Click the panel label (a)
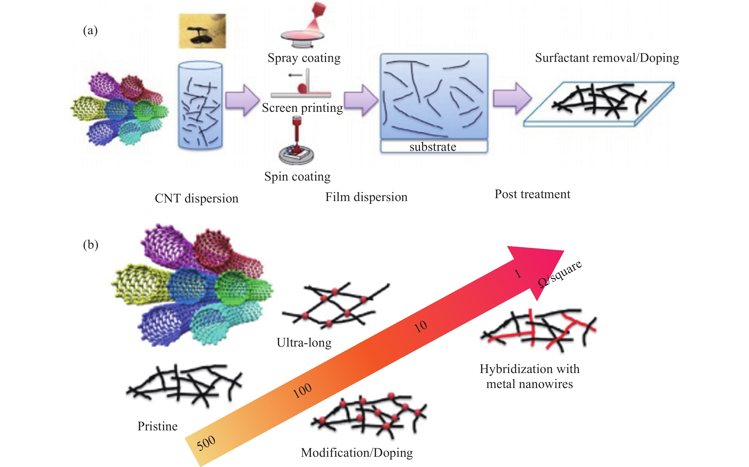[x=90, y=31]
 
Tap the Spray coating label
[x=304, y=58]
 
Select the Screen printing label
[x=302, y=108]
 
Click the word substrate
[x=433, y=147]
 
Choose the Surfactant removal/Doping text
[x=607, y=58]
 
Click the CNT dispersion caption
[x=197, y=198]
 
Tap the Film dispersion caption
[x=366, y=197]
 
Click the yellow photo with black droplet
[x=202, y=31]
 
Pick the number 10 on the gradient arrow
[x=421, y=326]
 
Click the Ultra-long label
[x=304, y=343]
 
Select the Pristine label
[x=157, y=426]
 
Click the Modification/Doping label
[x=357, y=453]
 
